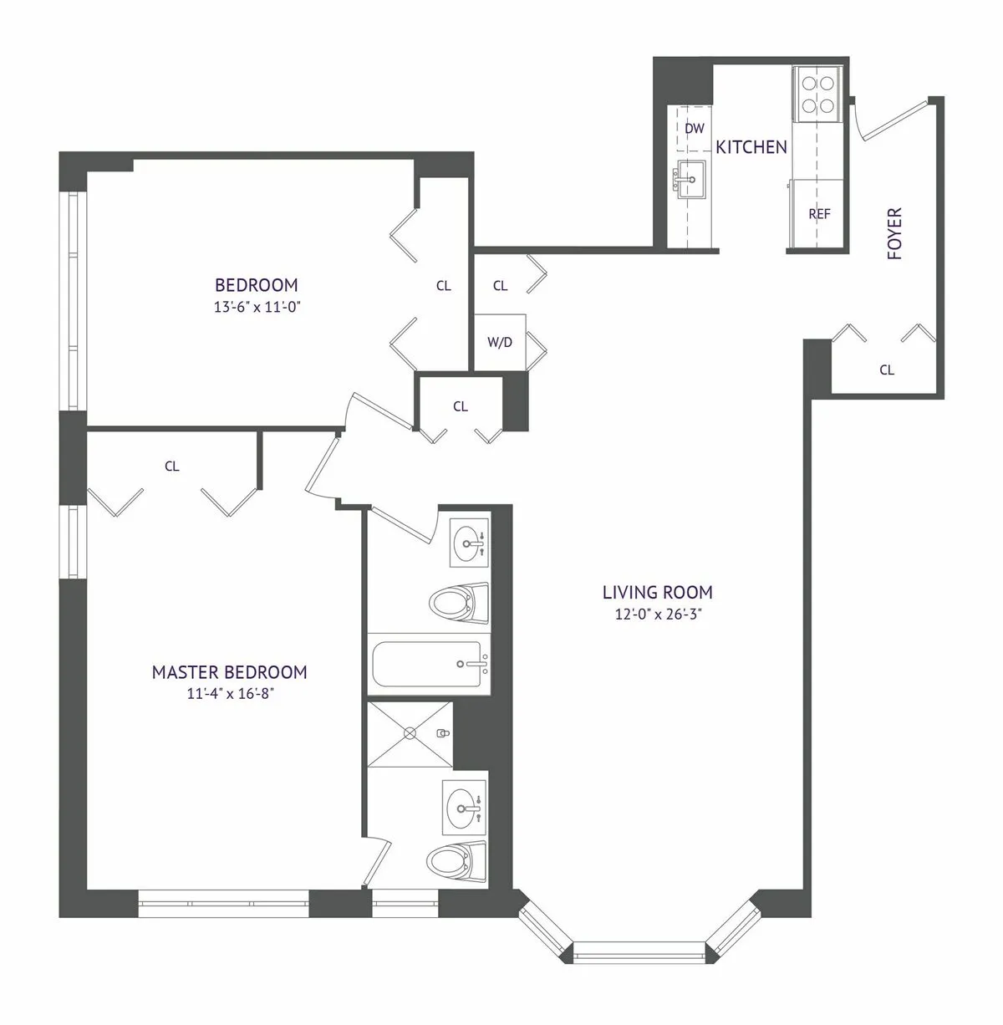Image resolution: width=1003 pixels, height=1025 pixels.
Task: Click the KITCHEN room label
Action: pyautogui.click(x=751, y=147)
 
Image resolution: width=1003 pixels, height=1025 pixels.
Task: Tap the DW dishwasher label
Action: pyautogui.click(x=694, y=129)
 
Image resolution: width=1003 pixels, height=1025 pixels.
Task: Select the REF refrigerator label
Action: pyautogui.click(x=819, y=214)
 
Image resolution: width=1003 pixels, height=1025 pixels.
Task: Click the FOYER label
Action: pyautogui.click(x=895, y=233)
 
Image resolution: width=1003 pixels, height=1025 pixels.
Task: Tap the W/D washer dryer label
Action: pyautogui.click(x=499, y=342)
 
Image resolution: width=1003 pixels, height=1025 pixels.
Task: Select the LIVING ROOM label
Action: pyautogui.click(x=657, y=593)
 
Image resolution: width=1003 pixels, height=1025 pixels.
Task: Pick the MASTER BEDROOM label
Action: pyautogui.click(x=229, y=672)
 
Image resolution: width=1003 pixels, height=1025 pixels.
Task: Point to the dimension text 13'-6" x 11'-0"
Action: pyautogui.click(x=256, y=307)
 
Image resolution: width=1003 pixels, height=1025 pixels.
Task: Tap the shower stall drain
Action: pyautogui.click(x=410, y=733)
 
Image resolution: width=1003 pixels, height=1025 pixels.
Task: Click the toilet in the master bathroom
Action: pyautogui.click(x=457, y=859)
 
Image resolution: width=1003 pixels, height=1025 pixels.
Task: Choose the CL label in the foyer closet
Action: pyautogui.click(x=887, y=370)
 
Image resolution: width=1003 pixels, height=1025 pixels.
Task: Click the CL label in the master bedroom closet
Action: pyautogui.click(x=171, y=467)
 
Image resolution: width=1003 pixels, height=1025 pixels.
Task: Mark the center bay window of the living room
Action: pyautogui.click(x=639, y=951)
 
